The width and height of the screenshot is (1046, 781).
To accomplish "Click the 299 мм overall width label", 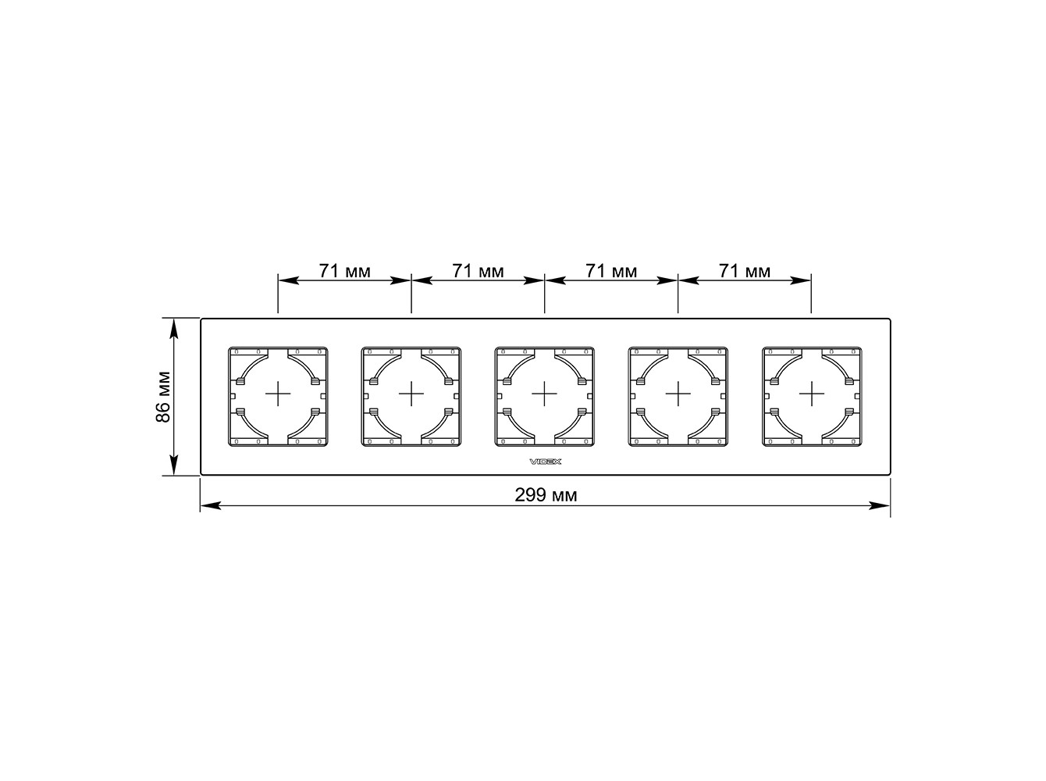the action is pyautogui.click(x=545, y=495).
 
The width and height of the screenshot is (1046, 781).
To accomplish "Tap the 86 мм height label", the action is pyautogui.click(x=163, y=396).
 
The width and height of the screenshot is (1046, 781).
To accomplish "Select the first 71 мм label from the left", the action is pyautogui.click(x=344, y=271).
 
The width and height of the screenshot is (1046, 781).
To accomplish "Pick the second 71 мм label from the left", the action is pyautogui.click(x=478, y=271).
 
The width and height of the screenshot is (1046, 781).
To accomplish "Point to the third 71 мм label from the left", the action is pyautogui.click(x=611, y=271).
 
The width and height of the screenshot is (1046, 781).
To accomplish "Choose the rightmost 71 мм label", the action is pyautogui.click(x=745, y=271).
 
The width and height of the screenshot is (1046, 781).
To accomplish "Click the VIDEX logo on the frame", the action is pyautogui.click(x=546, y=462).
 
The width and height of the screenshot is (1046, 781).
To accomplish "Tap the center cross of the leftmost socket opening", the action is pyautogui.click(x=278, y=394).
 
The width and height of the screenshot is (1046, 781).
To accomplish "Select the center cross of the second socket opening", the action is pyautogui.click(x=411, y=394).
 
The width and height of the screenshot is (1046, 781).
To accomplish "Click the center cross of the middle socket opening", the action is pyautogui.click(x=544, y=394).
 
